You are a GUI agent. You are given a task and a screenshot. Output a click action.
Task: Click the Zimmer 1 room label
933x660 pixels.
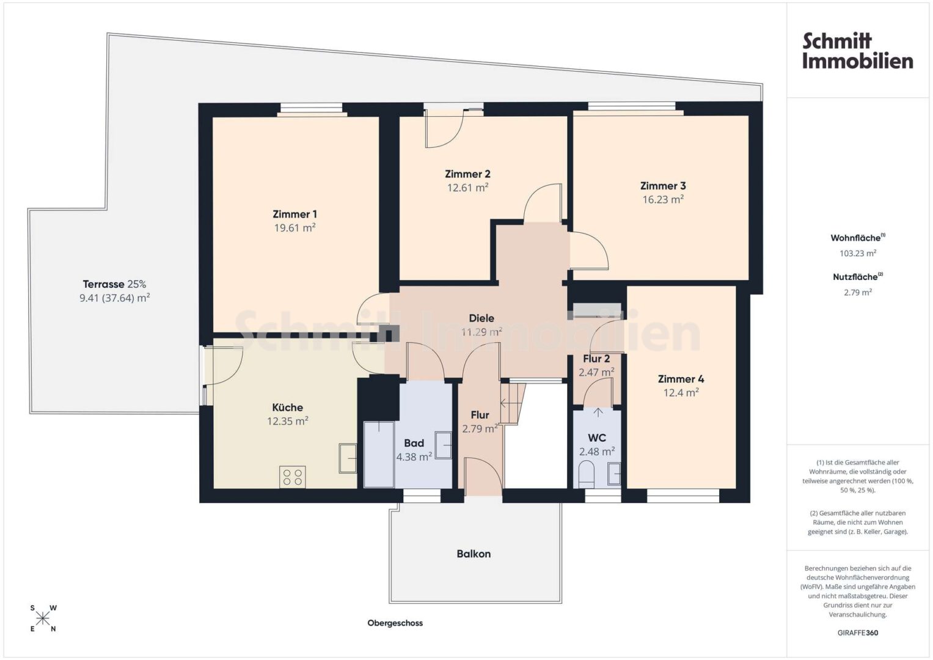(x=295, y=214)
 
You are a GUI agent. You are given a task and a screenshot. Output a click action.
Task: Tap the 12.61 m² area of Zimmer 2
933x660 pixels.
(x=467, y=188)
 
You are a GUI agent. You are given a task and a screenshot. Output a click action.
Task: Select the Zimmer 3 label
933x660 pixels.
(x=663, y=186)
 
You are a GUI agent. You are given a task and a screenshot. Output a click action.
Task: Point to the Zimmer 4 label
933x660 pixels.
(x=681, y=379)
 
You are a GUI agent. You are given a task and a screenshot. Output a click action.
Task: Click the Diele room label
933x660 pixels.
(x=481, y=318)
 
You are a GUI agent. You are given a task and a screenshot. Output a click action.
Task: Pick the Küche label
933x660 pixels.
(x=287, y=408)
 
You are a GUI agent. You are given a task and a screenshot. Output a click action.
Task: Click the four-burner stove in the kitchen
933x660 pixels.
(x=293, y=477)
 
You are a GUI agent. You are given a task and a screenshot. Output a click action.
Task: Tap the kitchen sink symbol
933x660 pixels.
(x=348, y=458)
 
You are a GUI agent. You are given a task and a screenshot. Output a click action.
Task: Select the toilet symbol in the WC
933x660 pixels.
(x=587, y=474)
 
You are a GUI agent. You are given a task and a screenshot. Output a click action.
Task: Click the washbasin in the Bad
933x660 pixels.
(x=443, y=446)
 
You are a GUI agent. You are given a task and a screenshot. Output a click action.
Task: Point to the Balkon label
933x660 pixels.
(x=474, y=554)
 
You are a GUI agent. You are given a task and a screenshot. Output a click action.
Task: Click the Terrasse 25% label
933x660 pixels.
(x=114, y=285)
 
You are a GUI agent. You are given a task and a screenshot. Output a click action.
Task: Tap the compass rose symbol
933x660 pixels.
(x=43, y=618)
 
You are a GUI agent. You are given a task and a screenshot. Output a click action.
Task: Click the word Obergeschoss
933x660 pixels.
(x=395, y=623)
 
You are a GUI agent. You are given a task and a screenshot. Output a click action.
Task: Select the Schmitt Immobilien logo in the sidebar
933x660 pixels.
(x=858, y=51)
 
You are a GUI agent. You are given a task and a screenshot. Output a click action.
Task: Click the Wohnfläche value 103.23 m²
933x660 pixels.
(x=858, y=254)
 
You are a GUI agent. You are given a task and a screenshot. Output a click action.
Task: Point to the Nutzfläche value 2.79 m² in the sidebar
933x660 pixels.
(x=858, y=293)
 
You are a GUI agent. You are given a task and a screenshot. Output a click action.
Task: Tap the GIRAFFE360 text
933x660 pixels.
(x=858, y=633)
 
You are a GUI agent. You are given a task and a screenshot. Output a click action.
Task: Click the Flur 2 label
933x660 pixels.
(x=596, y=359)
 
